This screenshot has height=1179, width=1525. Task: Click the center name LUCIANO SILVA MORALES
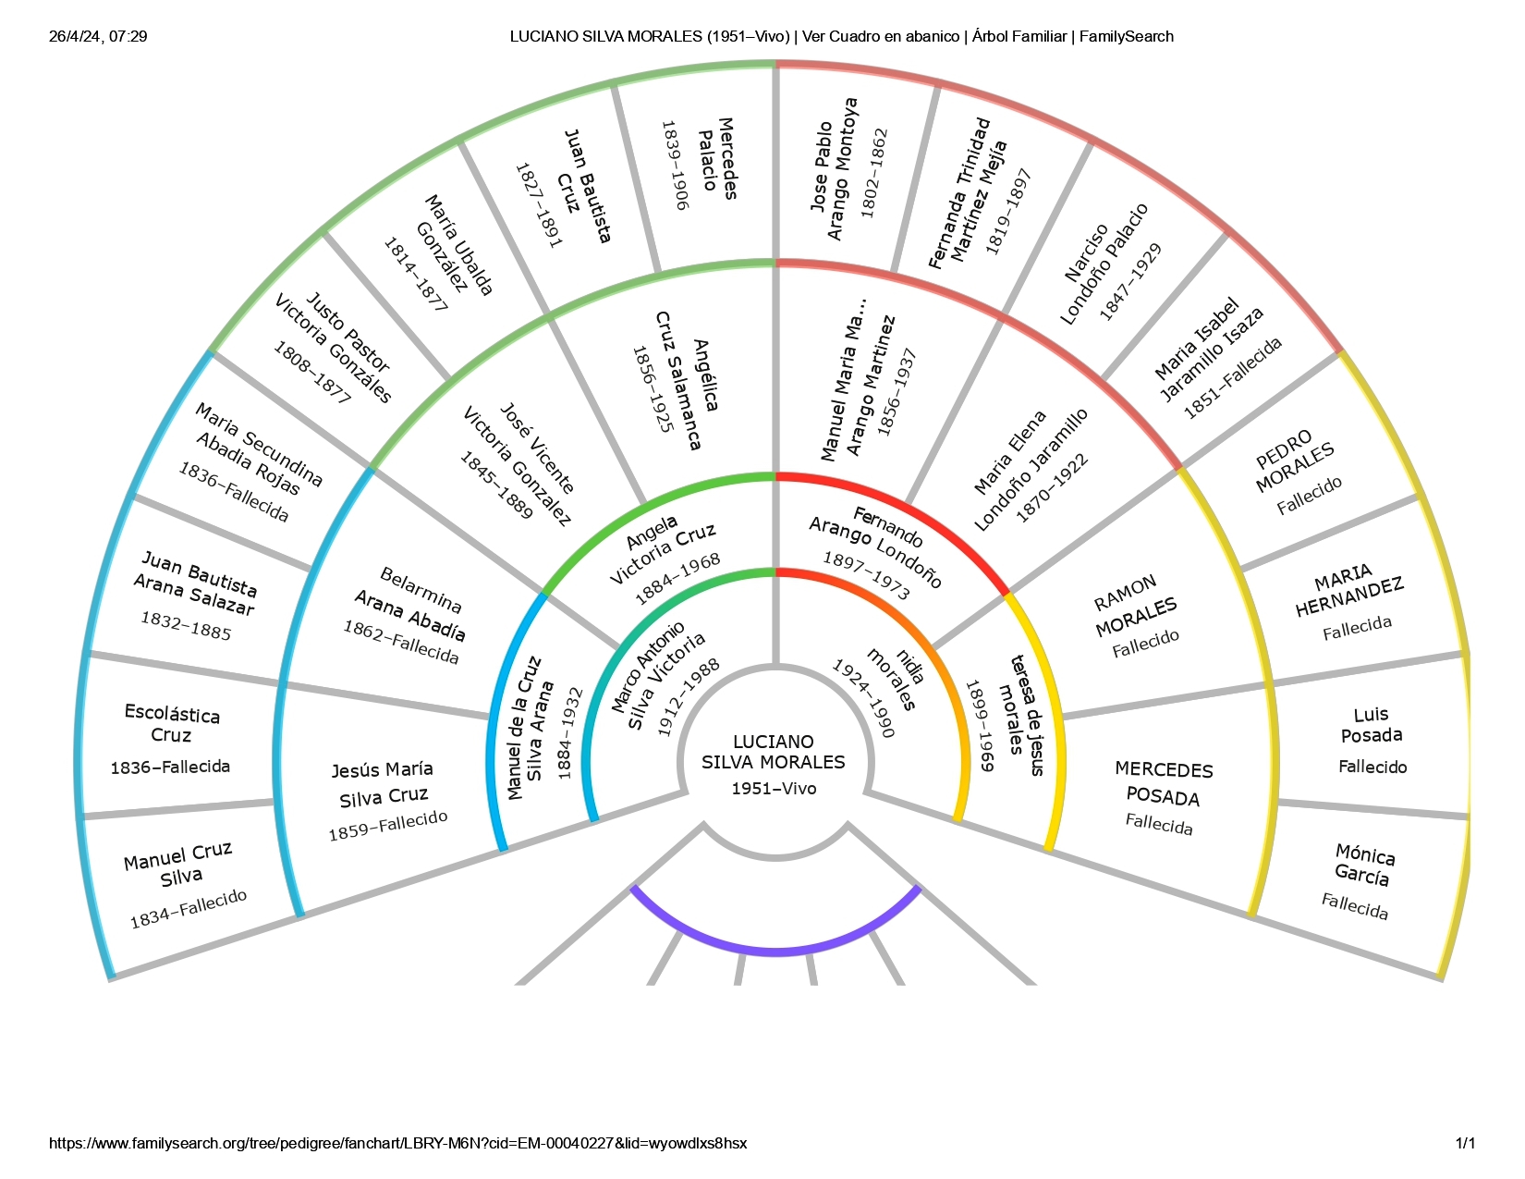773,752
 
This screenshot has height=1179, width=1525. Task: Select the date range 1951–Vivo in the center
774,789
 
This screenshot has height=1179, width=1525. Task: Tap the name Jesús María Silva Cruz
383,783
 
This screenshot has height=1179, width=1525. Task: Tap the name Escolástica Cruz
172,725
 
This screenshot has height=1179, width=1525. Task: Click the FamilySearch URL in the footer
397,1143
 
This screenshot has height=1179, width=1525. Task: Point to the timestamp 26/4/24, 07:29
98,37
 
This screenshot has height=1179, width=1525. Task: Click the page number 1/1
1465,1143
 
